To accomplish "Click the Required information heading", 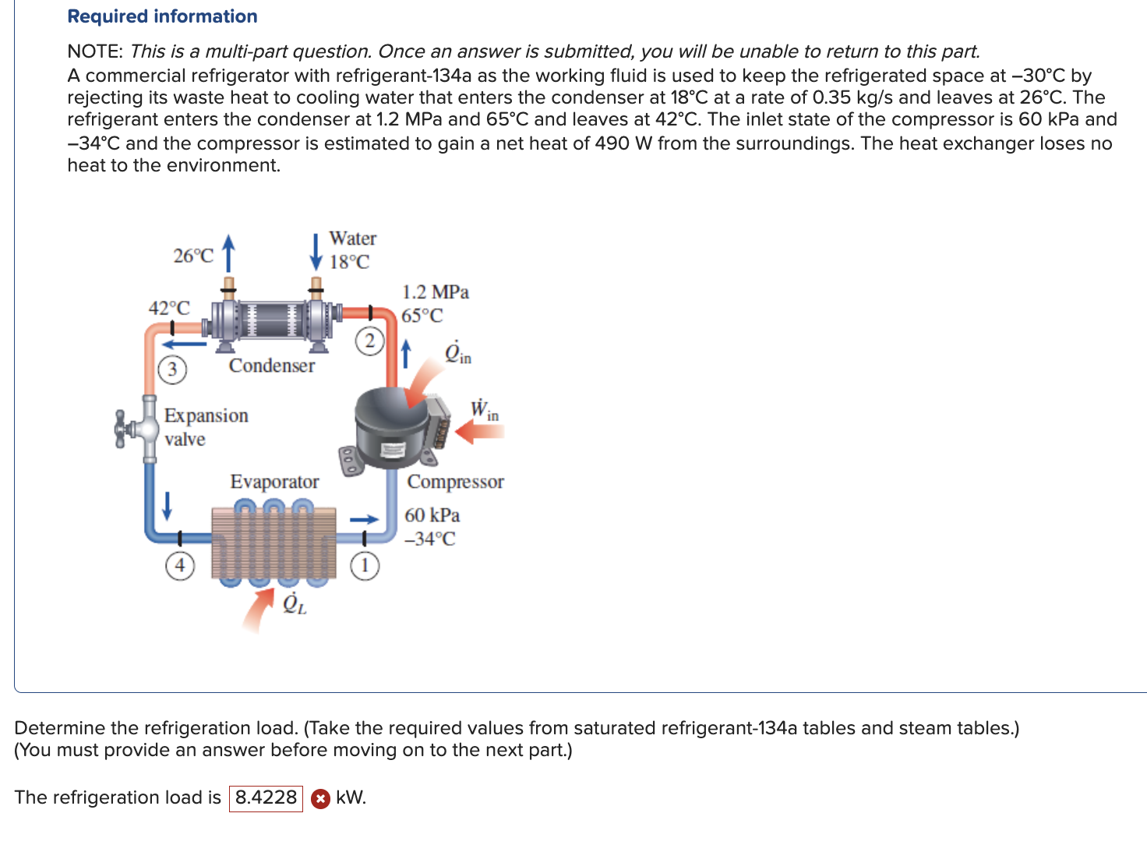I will click(162, 16).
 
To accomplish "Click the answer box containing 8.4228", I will click(266, 797).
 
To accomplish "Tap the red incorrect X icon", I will click(319, 798).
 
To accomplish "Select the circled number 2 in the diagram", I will click(370, 341).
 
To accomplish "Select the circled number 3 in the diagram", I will click(172, 369).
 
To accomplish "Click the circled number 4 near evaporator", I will click(179, 564).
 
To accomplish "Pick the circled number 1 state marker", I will click(365, 565).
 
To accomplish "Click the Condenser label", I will click(272, 366).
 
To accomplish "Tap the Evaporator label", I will click(274, 482).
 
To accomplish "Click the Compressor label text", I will click(455, 482).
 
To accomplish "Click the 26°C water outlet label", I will click(193, 256).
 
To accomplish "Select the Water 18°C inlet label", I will click(351, 249).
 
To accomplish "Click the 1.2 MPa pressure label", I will click(435, 292).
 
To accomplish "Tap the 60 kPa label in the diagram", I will click(432, 515).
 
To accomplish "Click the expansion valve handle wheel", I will click(121, 430).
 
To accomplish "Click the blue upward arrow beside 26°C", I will click(228, 250).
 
